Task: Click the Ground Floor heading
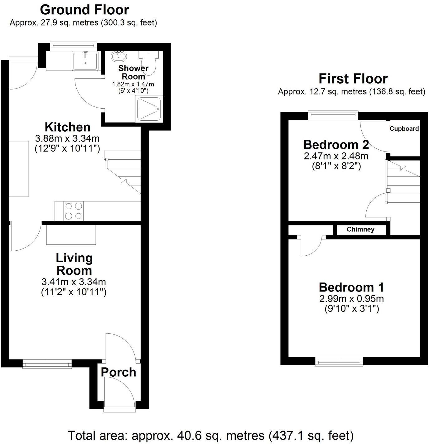(84, 10)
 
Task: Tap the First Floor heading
(353, 79)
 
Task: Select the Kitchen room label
(68, 127)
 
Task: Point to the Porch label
(118, 372)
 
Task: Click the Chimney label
(360, 229)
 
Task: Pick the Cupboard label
(404, 129)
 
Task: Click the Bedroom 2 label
(336, 145)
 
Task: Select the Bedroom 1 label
(351, 287)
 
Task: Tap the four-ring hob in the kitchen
(74, 211)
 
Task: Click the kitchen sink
(85, 60)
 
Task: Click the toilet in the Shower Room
(150, 62)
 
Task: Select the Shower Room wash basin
(119, 56)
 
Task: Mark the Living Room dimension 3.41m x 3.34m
(74, 282)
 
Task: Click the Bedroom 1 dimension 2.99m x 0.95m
(351, 299)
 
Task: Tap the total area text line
(210, 435)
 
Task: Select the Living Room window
(47, 364)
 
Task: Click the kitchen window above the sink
(73, 46)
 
